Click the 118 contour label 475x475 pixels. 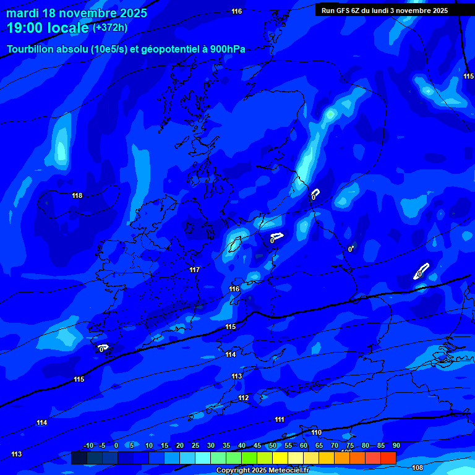[77, 195]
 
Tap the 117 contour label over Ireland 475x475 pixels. [195, 270]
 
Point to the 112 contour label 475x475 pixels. [243, 398]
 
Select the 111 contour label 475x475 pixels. [280, 419]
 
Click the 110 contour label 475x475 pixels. [316, 432]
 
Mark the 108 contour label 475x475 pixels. [417, 468]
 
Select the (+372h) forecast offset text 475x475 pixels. [110, 28]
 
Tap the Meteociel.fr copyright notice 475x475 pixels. [262, 471]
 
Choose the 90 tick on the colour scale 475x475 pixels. [396, 445]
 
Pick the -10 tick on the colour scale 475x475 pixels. [88, 445]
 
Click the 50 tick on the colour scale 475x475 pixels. [273, 445]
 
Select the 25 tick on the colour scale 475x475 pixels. [195, 445]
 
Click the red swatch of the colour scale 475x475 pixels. [388, 458]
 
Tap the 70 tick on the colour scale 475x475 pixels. [335, 445]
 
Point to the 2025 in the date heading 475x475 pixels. [133, 13]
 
